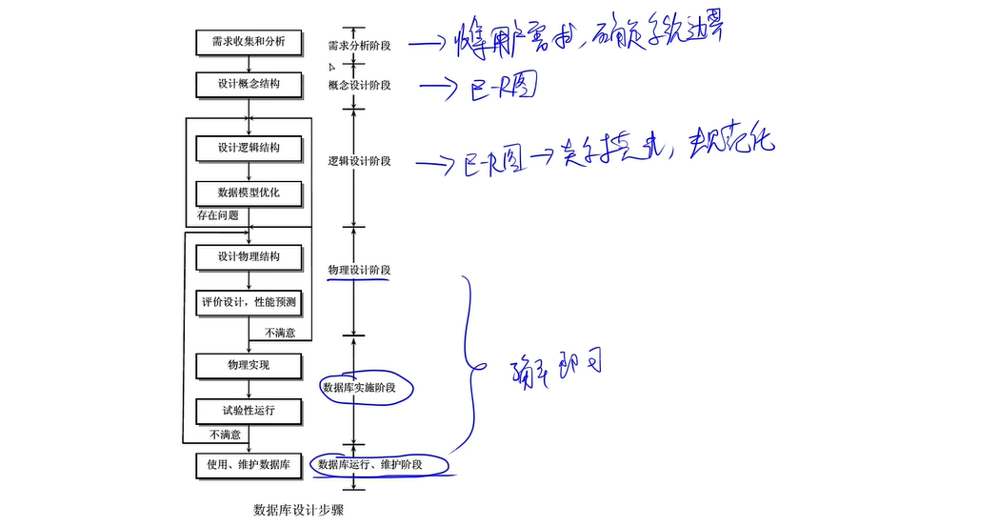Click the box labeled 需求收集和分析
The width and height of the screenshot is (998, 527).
tap(249, 43)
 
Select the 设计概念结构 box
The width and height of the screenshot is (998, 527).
tap(249, 84)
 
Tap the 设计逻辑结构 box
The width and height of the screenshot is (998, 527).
tap(249, 148)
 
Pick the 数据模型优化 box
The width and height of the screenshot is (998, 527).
tap(249, 193)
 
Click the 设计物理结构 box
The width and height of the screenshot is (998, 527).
tap(249, 256)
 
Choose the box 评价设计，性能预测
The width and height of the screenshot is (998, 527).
tap(249, 303)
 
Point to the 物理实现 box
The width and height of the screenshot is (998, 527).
tap(249, 365)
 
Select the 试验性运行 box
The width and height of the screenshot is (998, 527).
tap(249, 411)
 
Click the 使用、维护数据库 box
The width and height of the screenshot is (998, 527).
tap(249, 465)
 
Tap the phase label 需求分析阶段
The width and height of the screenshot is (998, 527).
tap(359, 46)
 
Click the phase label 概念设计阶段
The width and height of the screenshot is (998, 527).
tap(359, 86)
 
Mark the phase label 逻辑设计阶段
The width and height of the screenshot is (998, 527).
tap(359, 161)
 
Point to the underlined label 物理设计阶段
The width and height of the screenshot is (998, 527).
tap(359, 271)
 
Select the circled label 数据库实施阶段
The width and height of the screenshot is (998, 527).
tap(358, 388)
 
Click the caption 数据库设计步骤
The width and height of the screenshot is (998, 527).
tap(298, 510)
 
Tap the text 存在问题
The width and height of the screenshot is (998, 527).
tap(218, 215)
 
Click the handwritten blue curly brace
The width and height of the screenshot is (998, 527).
tap(468, 362)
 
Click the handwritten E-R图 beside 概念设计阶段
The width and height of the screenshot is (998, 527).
tap(498, 88)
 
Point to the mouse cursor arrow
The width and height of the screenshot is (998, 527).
tap(332, 68)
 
